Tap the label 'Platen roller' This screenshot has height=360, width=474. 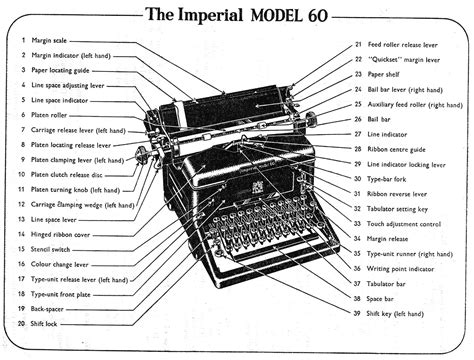[x=50, y=115]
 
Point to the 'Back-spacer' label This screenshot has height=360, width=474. [x=50, y=309]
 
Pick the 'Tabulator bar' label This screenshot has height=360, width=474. [x=393, y=283]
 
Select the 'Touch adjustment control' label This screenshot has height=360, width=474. [x=411, y=224]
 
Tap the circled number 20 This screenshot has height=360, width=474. [x=21, y=324]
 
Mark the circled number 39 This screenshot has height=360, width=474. [x=358, y=313]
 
